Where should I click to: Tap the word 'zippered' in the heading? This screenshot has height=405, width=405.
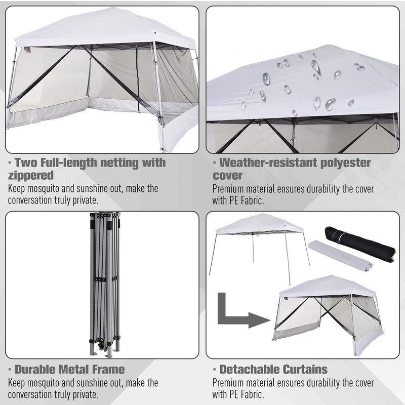[x=31, y=176]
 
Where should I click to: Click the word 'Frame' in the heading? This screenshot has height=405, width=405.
[x=108, y=370]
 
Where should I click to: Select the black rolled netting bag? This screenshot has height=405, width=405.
[x=360, y=244]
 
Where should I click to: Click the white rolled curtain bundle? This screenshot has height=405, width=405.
[x=340, y=256]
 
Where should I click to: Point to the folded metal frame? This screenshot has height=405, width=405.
[x=105, y=285]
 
